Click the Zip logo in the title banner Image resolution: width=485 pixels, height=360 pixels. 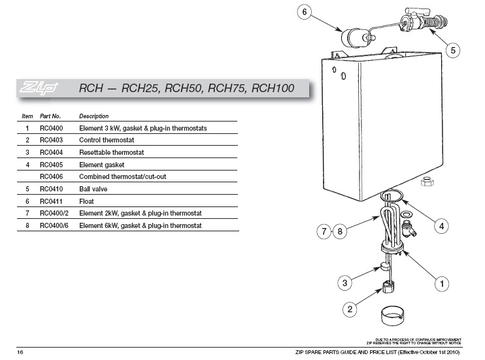(41, 88)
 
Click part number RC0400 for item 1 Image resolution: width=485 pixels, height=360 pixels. (50, 128)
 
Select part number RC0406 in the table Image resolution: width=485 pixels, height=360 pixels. (50, 176)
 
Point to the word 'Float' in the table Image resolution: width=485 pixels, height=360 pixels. (86, 201)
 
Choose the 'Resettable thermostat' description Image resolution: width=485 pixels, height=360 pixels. (111, 152)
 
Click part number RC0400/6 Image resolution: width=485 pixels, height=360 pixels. (54, 225)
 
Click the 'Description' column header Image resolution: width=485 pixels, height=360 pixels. (94, 116)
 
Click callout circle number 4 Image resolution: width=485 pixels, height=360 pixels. (442, 226)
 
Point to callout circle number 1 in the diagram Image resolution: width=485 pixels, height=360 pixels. (442, 284)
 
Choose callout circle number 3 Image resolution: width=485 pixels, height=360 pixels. (346, 283)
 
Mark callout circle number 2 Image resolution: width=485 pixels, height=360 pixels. (350, 308)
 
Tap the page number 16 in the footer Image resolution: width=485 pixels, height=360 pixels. (21, 352)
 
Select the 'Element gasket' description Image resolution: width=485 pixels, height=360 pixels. (101, 165)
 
